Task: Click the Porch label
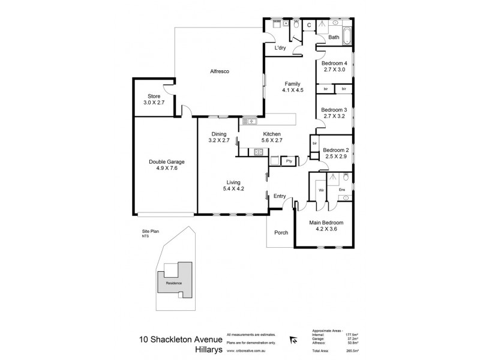(x=281, y=233)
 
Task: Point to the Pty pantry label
(x=289, y=161)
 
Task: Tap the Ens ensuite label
(x=342, y=190)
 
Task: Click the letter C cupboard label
(x=308, y=25)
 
